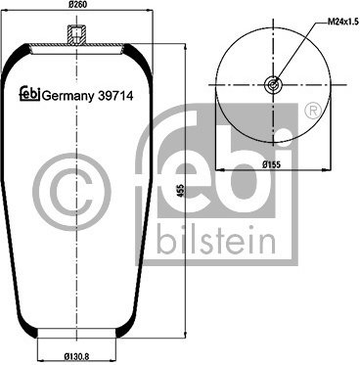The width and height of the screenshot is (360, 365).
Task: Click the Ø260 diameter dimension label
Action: (x=78, y=5)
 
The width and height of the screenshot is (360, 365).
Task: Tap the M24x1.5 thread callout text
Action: (x=340, y=23)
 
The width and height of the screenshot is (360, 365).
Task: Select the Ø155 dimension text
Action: (x=272, y=164)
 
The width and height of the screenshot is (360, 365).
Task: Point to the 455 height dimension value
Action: (x=182, y=191)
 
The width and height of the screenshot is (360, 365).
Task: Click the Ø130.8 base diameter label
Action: (x=76, y=357)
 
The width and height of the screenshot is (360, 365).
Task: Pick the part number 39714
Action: (x=115, y=96)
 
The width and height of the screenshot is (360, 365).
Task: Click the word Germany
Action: (x=67, y=97)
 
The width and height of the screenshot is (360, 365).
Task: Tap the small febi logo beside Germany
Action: (x=30, y=94)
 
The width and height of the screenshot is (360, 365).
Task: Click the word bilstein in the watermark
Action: (x=216, y=239)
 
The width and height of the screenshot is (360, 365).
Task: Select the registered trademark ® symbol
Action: (x=313, y=112)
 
